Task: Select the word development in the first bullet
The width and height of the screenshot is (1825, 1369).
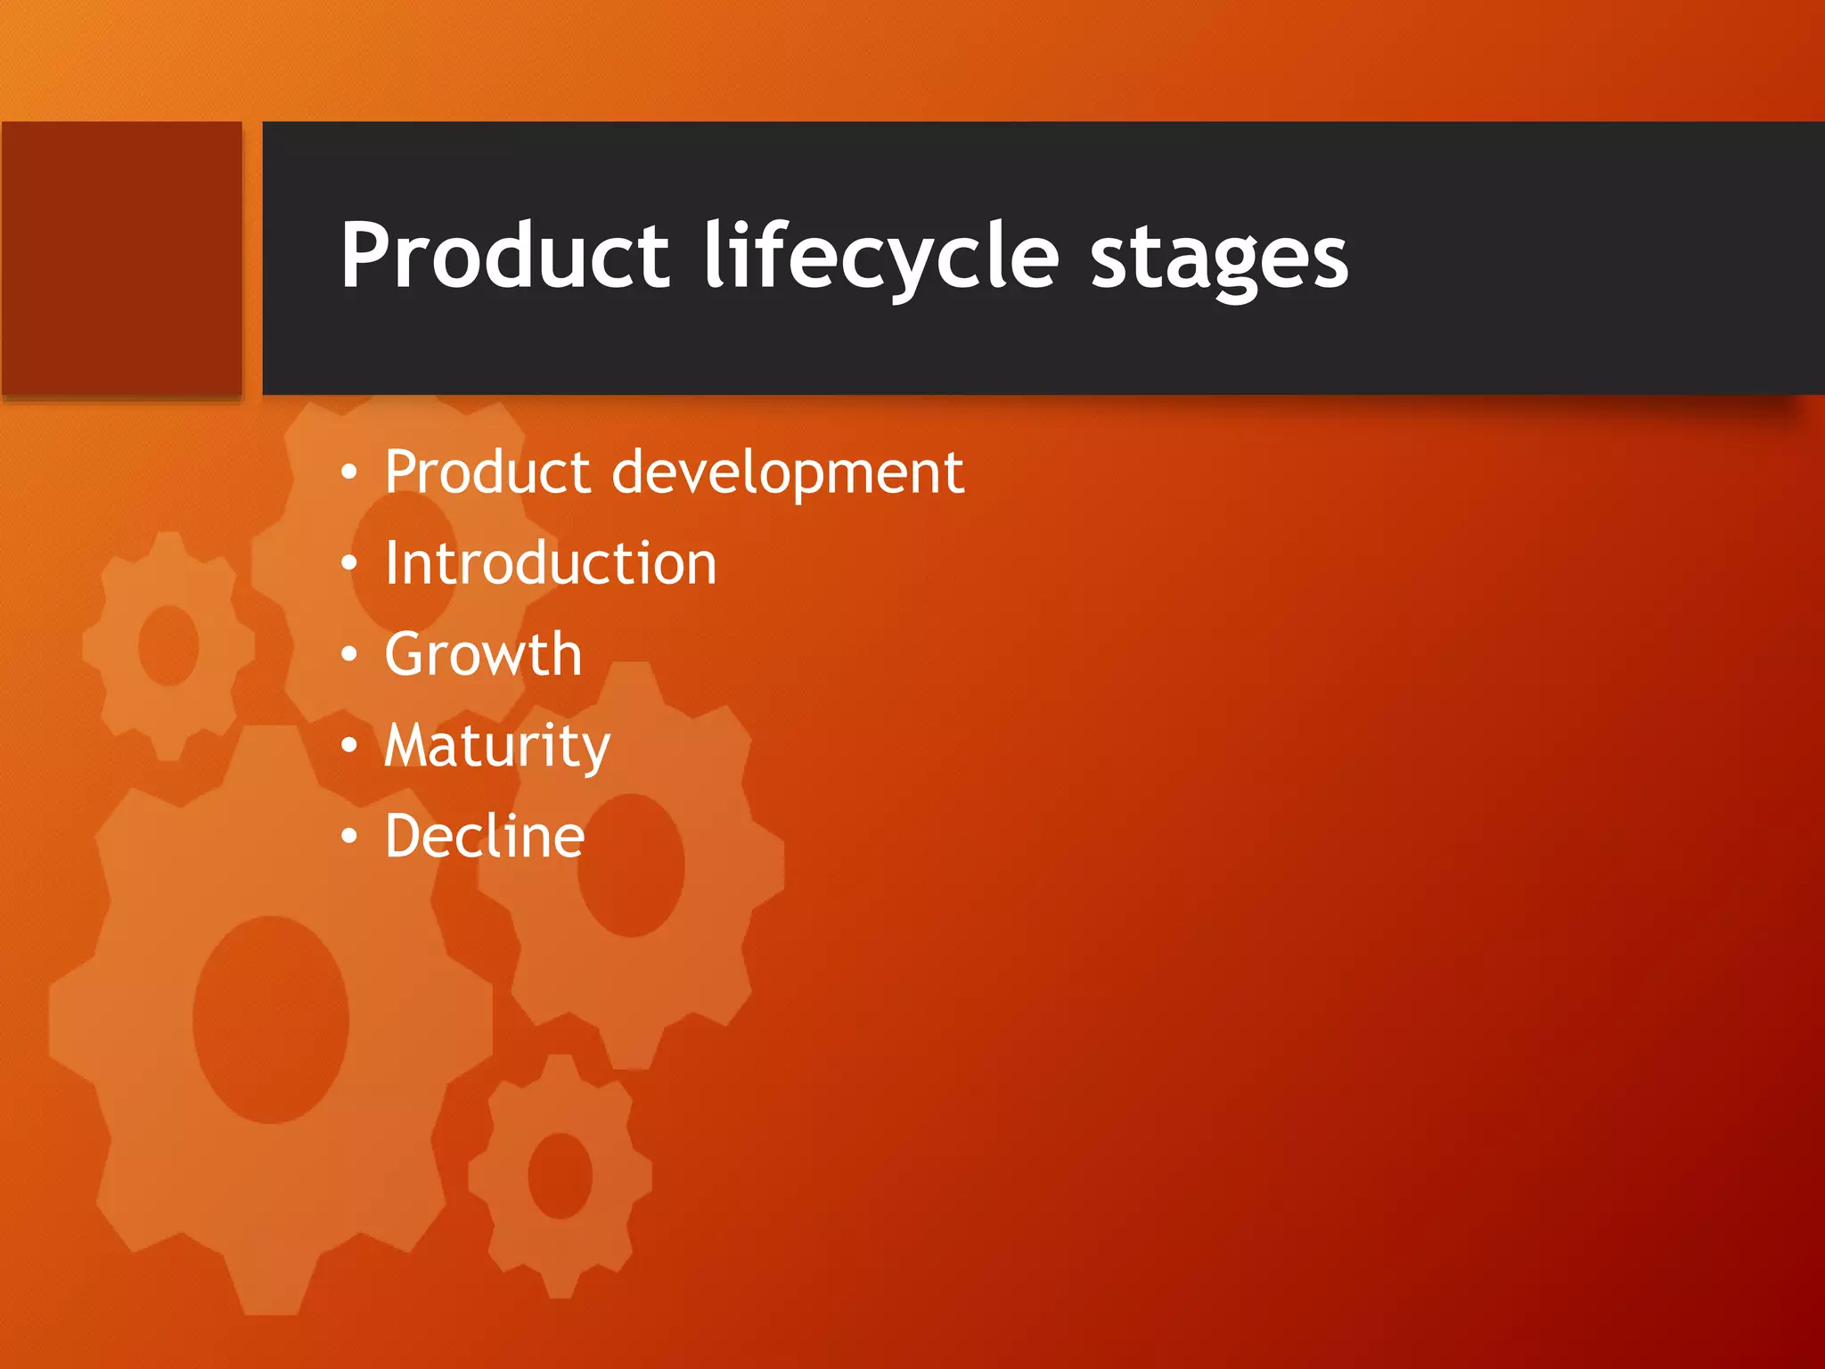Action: coord(788,472)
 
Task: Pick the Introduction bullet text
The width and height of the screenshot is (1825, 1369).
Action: coord(550,564)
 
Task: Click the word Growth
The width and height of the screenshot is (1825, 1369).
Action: coord(483,655)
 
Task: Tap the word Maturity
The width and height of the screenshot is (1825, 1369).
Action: coord(497,747)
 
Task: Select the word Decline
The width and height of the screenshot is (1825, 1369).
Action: coord(485,837)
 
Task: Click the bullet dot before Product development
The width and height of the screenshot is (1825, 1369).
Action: coord(349,471)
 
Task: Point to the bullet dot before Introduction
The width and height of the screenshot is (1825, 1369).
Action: coord(349,563)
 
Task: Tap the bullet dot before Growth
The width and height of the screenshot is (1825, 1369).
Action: coord(349,655)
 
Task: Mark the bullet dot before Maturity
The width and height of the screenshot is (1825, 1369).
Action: coord(349,746)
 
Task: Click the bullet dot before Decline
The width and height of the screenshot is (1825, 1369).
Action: coord(349,837)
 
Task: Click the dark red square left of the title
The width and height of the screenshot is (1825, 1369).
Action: coord(122,258)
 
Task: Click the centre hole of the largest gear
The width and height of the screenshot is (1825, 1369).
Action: coord(270,1019)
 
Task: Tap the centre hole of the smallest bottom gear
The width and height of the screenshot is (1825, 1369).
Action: coord(560,1176)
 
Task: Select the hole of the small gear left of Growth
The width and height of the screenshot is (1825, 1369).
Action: coord(168,645)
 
